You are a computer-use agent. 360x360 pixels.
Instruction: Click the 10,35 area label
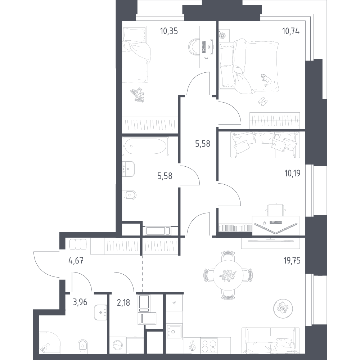(x=169, y=31)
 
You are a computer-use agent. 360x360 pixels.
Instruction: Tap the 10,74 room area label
(x=291, y=31)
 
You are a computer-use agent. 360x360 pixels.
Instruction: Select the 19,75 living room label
(x=292, y=261)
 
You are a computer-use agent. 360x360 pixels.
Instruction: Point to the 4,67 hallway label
(x=76, y=261)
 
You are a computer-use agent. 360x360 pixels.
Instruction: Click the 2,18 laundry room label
(x=123, y=303)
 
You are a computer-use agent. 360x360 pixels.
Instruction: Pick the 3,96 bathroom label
(x=80, y=302)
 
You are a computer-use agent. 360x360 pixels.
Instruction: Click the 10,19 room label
(x=292, y=173)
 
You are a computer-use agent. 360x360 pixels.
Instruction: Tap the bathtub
(x=145, y=147)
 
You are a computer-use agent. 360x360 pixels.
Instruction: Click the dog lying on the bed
(x=266, y=80)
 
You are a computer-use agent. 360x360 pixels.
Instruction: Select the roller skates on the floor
(x=138, y=95)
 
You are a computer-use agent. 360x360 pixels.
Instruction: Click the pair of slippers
(x=262, y=101)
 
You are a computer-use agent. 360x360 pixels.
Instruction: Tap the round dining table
(x=228, y=275)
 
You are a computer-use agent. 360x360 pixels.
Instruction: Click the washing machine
(x=118, y=345)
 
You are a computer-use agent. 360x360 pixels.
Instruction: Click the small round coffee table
(x=283, y=309)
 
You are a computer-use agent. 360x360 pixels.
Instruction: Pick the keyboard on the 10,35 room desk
(x=203, y=47)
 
